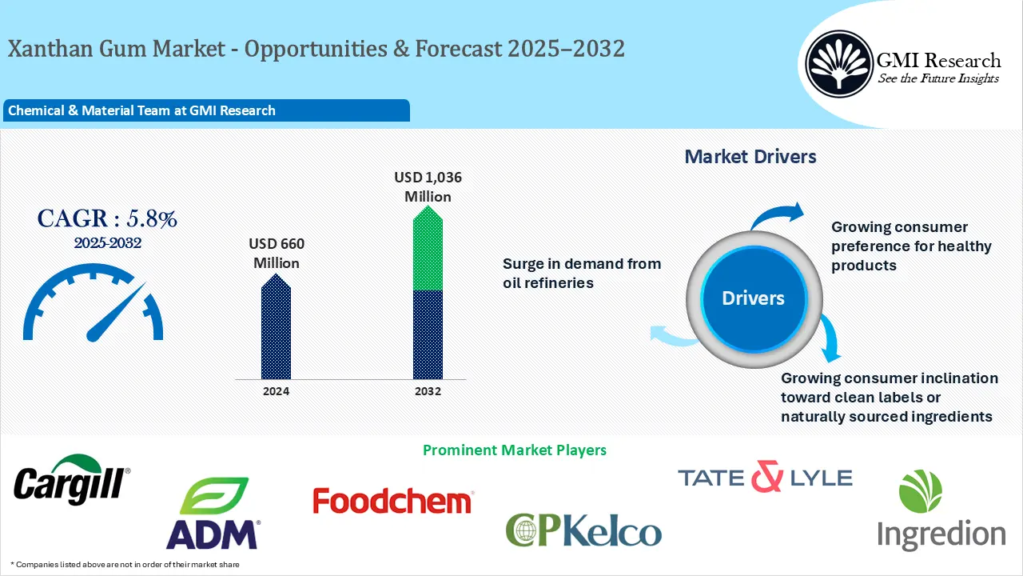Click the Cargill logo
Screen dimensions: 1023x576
tap(72, 480)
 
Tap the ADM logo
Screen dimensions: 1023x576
tap(213, 513)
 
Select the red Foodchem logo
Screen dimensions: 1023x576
tap(393, 501)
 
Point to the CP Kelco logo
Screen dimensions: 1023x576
tap(583, 530)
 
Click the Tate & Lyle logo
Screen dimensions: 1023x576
tap(765, 476)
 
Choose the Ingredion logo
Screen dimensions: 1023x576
tap(941, 510)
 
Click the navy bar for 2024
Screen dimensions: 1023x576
tap(276, 326)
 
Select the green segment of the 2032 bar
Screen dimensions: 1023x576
tap(428, 248)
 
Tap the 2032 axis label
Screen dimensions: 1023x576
tap(428, 391)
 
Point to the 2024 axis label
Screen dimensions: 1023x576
tap(276, 391)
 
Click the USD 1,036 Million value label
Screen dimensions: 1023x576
tap(428, 187)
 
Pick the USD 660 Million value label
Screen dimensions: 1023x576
tap(277, 254)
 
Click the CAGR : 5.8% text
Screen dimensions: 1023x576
tap(107, 218)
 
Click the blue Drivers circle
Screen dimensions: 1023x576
tap(754, 298)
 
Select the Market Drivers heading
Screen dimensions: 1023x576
tap(750, 157)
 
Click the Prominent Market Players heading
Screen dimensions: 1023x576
tap(515, 450)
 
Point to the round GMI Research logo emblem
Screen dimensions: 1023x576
tap(839, 64)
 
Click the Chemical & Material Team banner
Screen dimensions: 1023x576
tap(206, 110)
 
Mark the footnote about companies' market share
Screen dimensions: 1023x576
tap(125, 565)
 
